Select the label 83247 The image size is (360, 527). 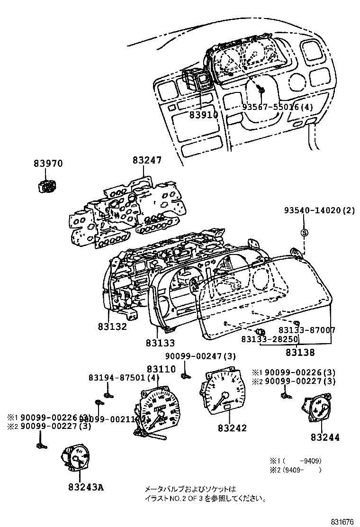[147, 161]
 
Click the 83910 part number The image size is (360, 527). [204, 115]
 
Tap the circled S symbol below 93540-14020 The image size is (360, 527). [305, 232]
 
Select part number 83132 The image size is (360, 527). [113, 327]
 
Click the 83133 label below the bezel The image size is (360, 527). [160, 343]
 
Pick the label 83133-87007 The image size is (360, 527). [307, 330]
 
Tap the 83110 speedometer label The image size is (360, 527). [161, 369]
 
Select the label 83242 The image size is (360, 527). [233, 428]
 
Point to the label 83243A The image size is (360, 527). [85, 486]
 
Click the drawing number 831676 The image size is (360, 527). [342, 522]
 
